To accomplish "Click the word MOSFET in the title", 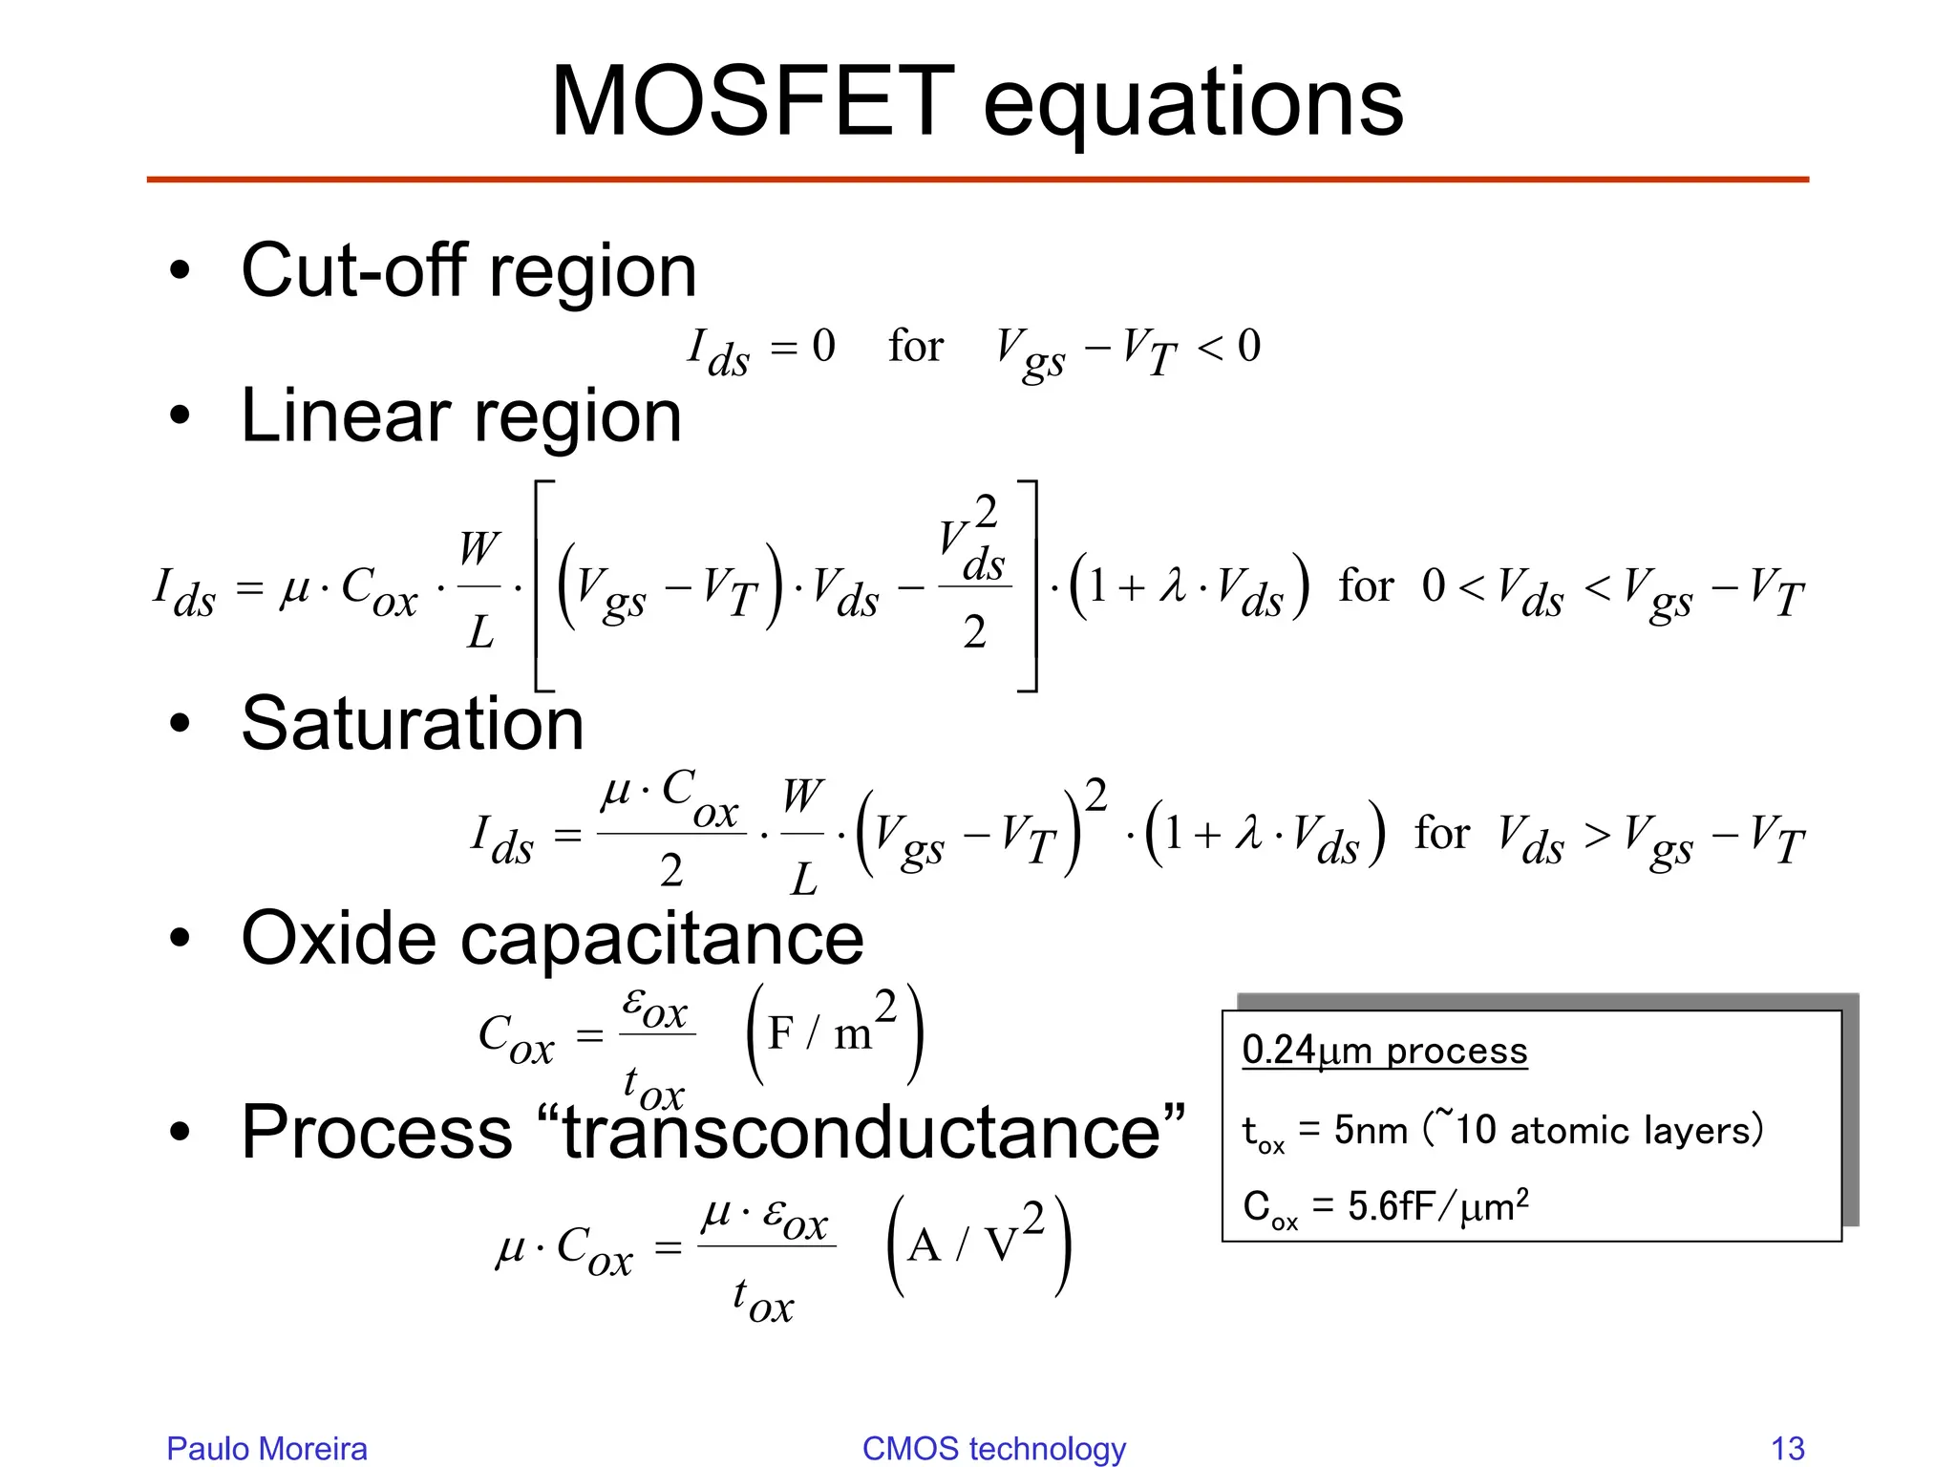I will (x=753, y=102).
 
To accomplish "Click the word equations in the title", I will (x=1193, y=105).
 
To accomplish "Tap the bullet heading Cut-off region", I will (x=468, y=271).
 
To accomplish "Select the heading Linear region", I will (x=461, y=416).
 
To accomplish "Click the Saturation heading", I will (x=412, y=724).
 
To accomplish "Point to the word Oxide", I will (x=338, y=938).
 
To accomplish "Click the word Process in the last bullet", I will (x=377, y=1132).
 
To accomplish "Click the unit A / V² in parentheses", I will (x=978, y=1244).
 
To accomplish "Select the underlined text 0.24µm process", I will (x=1384, y=1051).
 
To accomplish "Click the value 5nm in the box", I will (x=1371, y=1131).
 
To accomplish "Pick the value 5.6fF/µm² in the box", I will (x=1437, y=1206).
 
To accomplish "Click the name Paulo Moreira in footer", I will (x=266, y=1448).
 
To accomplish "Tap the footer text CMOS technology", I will (x=993, y=1448).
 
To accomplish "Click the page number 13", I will (x=1787, y=1448).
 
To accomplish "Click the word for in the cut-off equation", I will (x=915, y=346).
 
